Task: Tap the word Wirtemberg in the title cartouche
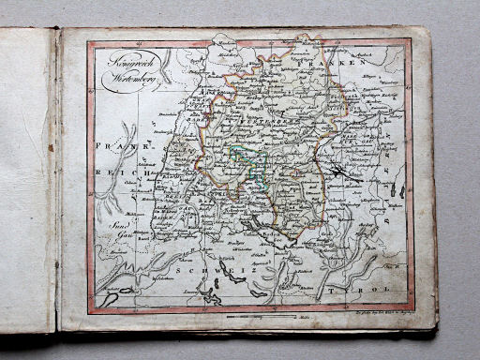pyautogui.click(x=130, y=78)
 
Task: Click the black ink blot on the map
pyautogui.click(x=339, y=171)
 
